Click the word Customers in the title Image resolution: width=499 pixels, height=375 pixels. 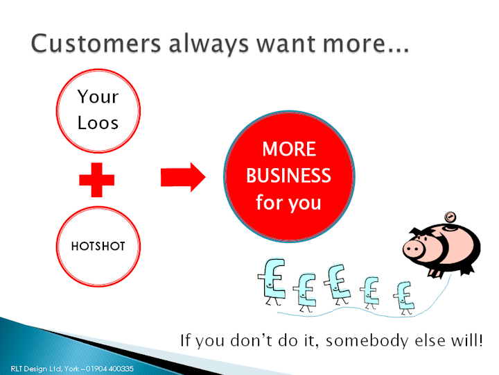(x=96, y=43)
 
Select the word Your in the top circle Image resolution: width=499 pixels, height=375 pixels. (x=98, y=97)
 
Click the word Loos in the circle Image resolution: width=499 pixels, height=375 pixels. (x=98, y=123)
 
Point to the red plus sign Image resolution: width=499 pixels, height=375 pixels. (x=97, y=180)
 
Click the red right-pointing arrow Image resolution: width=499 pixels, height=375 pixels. (x=183, y=177)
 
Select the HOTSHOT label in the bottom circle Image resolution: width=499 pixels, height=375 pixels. (x=98, y=246)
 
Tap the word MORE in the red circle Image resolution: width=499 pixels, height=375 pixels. (x=289, y=149)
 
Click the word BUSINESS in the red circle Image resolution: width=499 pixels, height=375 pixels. (x=288, y=176)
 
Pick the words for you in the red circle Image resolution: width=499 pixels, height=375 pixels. (x=288, y=203)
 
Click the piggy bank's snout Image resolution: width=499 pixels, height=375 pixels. (x=414, y=248)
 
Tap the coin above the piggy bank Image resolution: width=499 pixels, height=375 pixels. (x=450, y=217)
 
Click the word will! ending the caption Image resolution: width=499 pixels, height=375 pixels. (x=466, y=340)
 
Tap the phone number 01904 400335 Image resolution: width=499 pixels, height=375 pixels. (x=110, y=369)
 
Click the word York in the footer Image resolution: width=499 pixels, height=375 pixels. (x=71, y=369)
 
